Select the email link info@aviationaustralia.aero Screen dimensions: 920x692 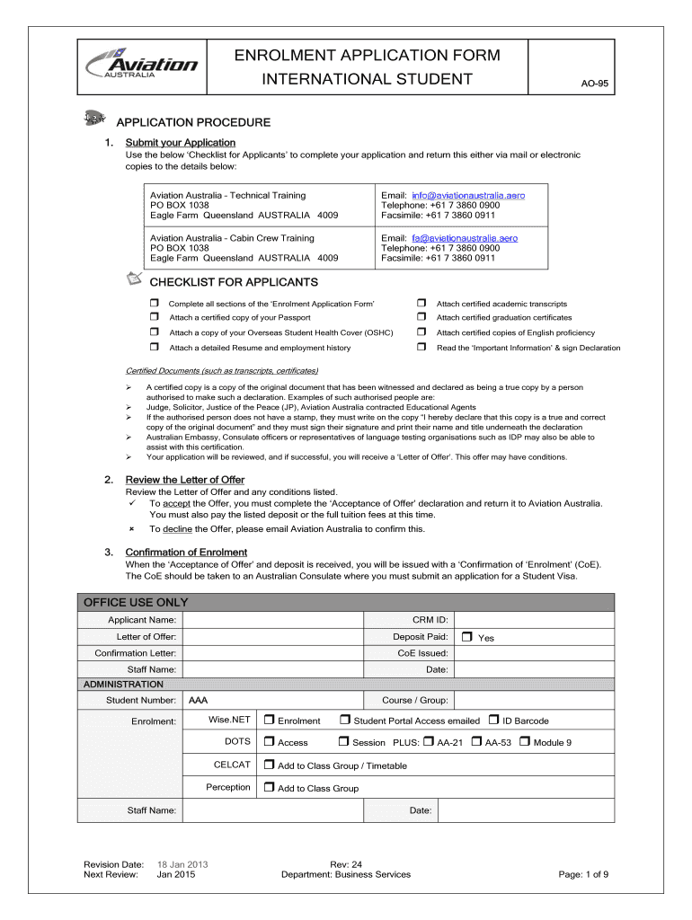(x=468, y=195)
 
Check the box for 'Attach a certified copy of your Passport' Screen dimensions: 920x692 (x=155, y=317)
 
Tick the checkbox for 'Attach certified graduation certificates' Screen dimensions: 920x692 (x=421, y=317)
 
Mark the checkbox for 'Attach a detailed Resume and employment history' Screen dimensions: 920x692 (x=155, y=347)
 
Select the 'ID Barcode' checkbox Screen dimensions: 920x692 (x=493, y=720)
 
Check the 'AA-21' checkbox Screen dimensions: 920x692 (x=428, y=742)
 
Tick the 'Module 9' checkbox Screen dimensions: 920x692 (x=524, y=742)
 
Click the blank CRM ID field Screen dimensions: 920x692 (x=534, y=620)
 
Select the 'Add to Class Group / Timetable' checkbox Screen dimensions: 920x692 (x=269, y=765)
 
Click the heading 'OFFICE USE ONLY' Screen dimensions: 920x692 (x=136, y=602)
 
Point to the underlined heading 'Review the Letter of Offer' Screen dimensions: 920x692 (x=184, y=480)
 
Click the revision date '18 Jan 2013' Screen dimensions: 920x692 (x=182, y=864)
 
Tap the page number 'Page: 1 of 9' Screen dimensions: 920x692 (x=583, y=874)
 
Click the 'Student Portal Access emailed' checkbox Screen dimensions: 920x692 (x=344, y=720)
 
